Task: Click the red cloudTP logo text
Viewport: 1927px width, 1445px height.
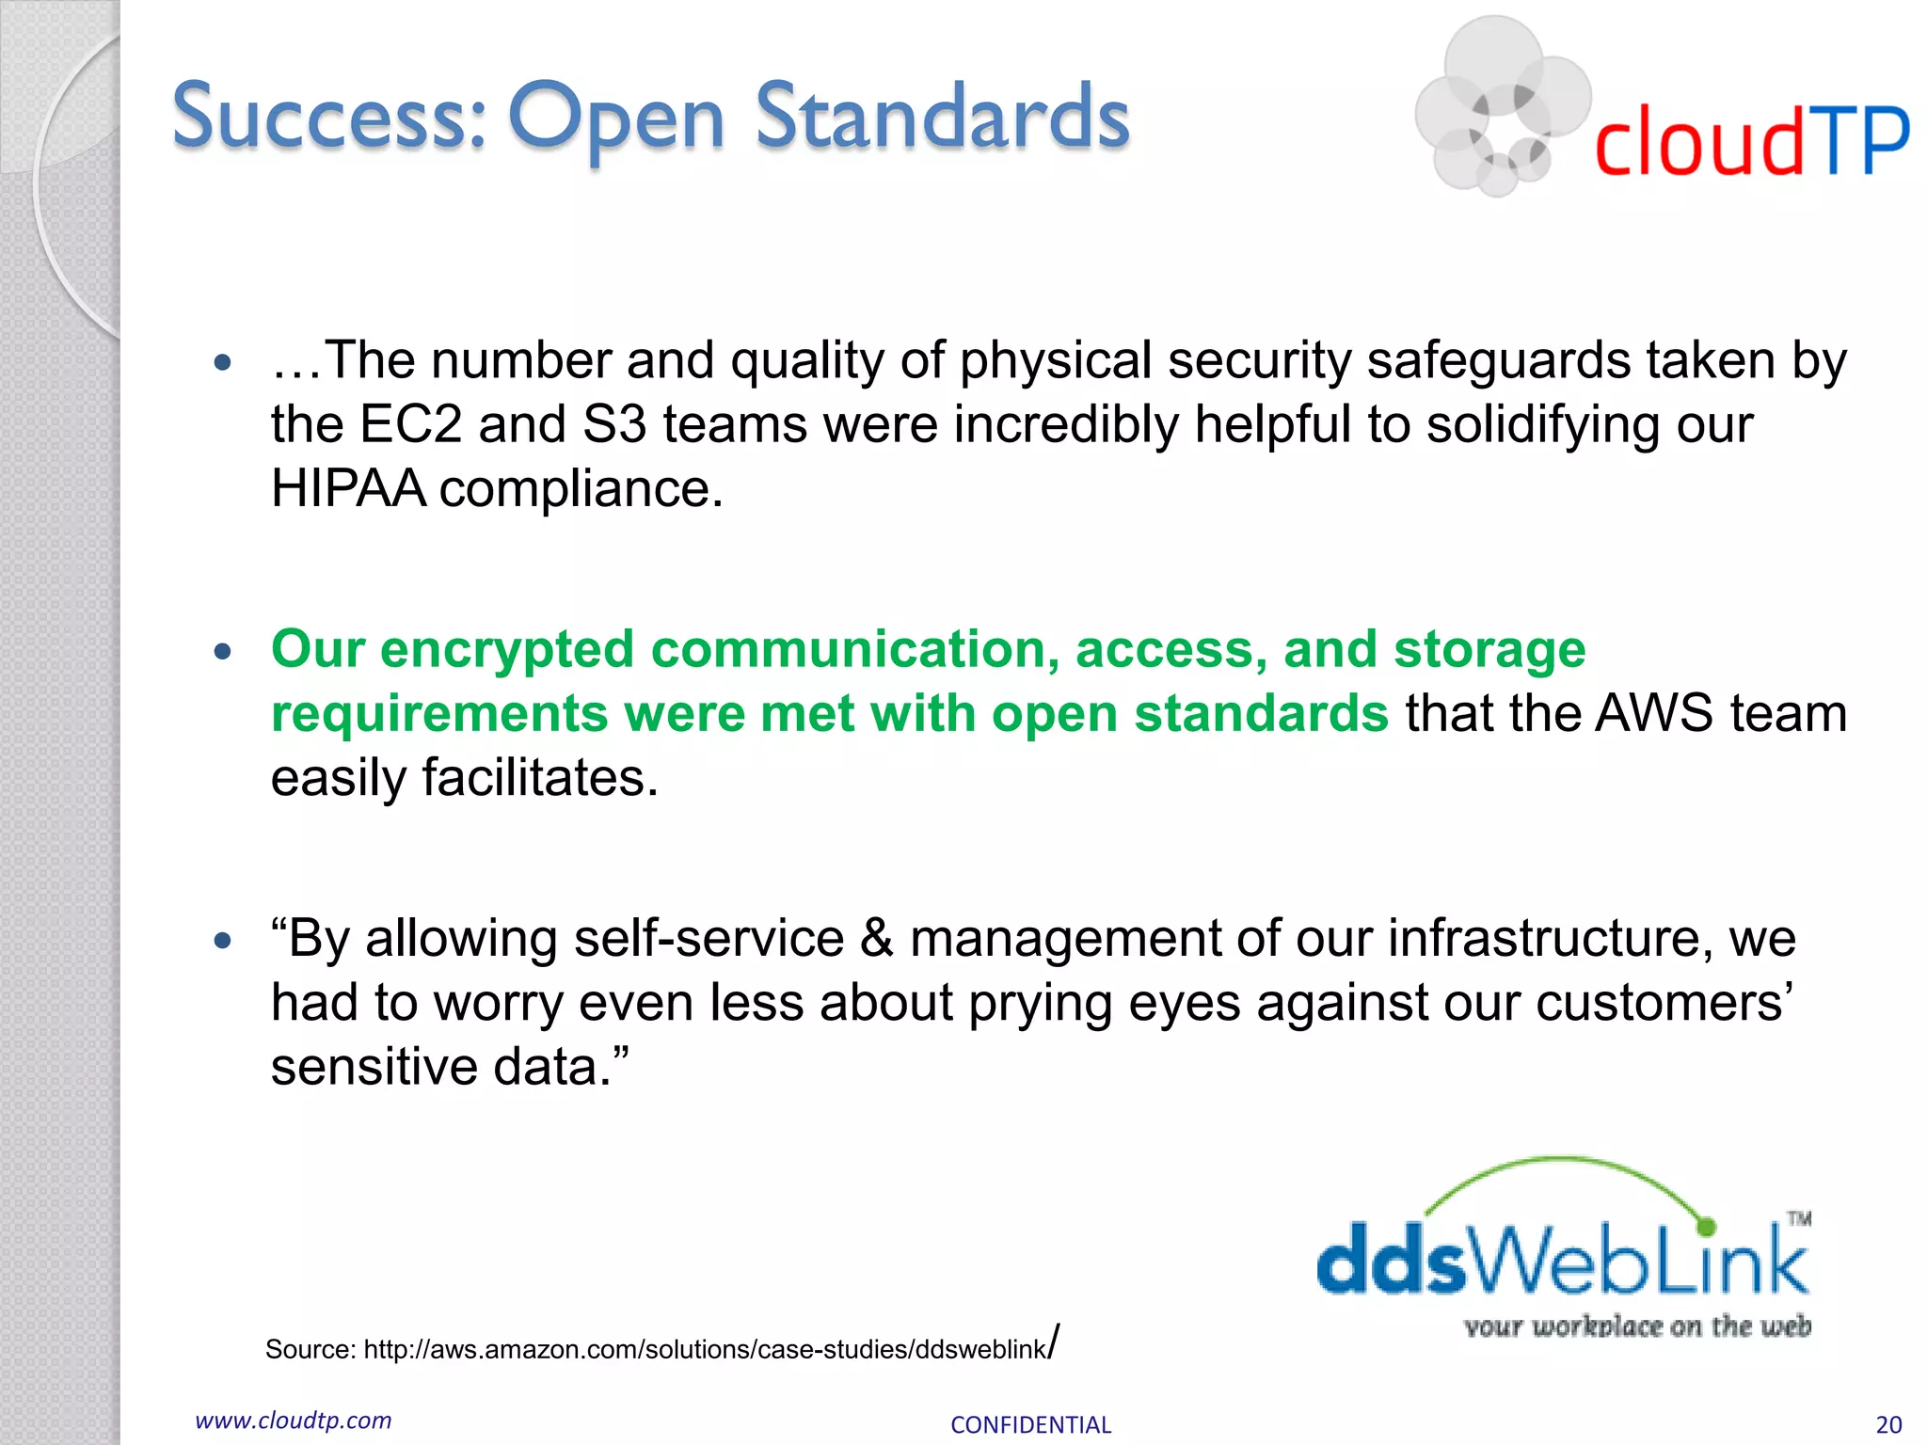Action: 1750,141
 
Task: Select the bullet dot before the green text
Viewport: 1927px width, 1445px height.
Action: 223,651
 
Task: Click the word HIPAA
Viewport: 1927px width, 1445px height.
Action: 348,489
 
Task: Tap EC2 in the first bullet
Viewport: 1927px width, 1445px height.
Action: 410,425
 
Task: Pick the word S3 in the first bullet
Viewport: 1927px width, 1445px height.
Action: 613,425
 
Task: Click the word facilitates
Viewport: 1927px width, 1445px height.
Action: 539,779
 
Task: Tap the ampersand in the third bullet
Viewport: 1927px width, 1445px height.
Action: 876,939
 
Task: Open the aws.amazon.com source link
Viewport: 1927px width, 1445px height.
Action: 706,1349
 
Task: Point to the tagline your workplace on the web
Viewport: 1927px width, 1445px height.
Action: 1637,1326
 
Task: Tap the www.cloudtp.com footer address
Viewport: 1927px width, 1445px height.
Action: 293,1421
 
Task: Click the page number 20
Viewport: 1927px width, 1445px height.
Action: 1887,1424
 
